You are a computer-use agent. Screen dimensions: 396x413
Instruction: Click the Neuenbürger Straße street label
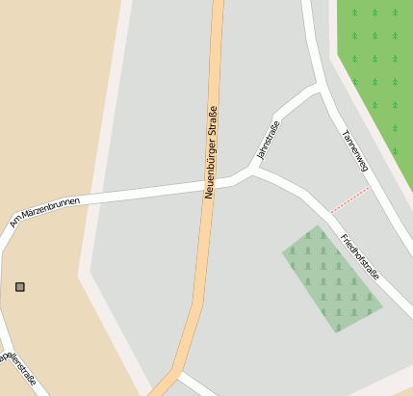211,152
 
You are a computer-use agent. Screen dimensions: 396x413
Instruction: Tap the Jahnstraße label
268,141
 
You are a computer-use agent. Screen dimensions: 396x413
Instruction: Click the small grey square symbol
20,287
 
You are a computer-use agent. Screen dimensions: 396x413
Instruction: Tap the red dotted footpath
348,199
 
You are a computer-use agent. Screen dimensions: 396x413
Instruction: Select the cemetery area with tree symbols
331,279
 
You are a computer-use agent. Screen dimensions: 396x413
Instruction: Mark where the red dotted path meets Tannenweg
369,187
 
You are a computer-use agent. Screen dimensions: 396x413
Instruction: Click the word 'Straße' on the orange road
213,121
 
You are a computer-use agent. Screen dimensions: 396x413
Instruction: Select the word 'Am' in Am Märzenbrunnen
14,222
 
